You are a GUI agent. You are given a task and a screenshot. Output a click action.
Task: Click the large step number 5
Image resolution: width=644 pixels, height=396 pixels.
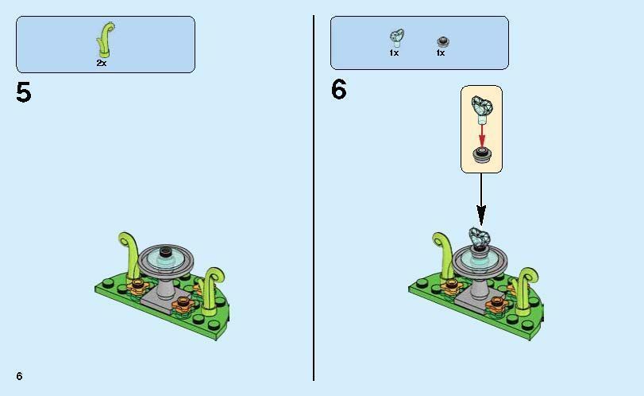coord(23,92)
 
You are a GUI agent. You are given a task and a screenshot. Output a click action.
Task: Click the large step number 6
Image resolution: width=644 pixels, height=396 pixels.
coord(339,90)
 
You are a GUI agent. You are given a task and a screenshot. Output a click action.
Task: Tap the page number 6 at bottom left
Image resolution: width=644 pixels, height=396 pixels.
coord(19,376)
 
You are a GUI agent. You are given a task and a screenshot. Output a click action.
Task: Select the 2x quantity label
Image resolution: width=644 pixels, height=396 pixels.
coord(102,63)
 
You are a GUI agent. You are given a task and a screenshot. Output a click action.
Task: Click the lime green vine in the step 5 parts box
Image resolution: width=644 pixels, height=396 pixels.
coord(105,40)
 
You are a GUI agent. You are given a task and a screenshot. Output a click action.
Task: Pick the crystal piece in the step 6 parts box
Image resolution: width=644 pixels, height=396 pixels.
coord(397,38)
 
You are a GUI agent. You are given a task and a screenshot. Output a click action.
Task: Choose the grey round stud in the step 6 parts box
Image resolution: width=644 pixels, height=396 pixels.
coord(443,41)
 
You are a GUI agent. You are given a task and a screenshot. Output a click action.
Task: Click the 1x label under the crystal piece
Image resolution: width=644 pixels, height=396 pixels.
coord(394,53)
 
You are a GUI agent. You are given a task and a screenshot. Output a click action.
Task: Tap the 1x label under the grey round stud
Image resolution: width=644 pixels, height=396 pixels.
coord(441,53)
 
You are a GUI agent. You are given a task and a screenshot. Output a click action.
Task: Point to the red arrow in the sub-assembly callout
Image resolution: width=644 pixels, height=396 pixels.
coord(482,136)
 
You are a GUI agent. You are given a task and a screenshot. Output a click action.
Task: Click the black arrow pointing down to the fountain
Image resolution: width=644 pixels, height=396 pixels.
coord(481,199)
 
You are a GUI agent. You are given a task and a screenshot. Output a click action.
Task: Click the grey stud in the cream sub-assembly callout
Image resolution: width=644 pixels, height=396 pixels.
coord(482,155)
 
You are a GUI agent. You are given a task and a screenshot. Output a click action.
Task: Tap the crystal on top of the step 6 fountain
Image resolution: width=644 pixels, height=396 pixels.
coord(480,239)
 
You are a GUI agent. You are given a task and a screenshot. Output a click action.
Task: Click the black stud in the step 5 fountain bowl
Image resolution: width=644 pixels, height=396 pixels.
coord(166,250)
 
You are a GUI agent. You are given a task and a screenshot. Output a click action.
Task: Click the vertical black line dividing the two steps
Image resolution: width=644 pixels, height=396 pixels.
coord(314,198)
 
